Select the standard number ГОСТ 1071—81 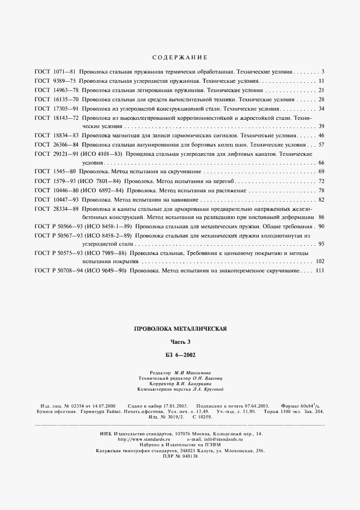54,72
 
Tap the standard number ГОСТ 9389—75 54,81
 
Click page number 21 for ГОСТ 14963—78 321,90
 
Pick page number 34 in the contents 321,108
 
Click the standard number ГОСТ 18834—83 57,135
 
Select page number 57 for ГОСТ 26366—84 321,144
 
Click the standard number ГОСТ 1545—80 54,172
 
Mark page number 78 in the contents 321,190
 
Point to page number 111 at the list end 320,271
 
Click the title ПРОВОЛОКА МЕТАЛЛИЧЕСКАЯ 180,329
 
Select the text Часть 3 180,342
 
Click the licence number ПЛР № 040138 180,456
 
